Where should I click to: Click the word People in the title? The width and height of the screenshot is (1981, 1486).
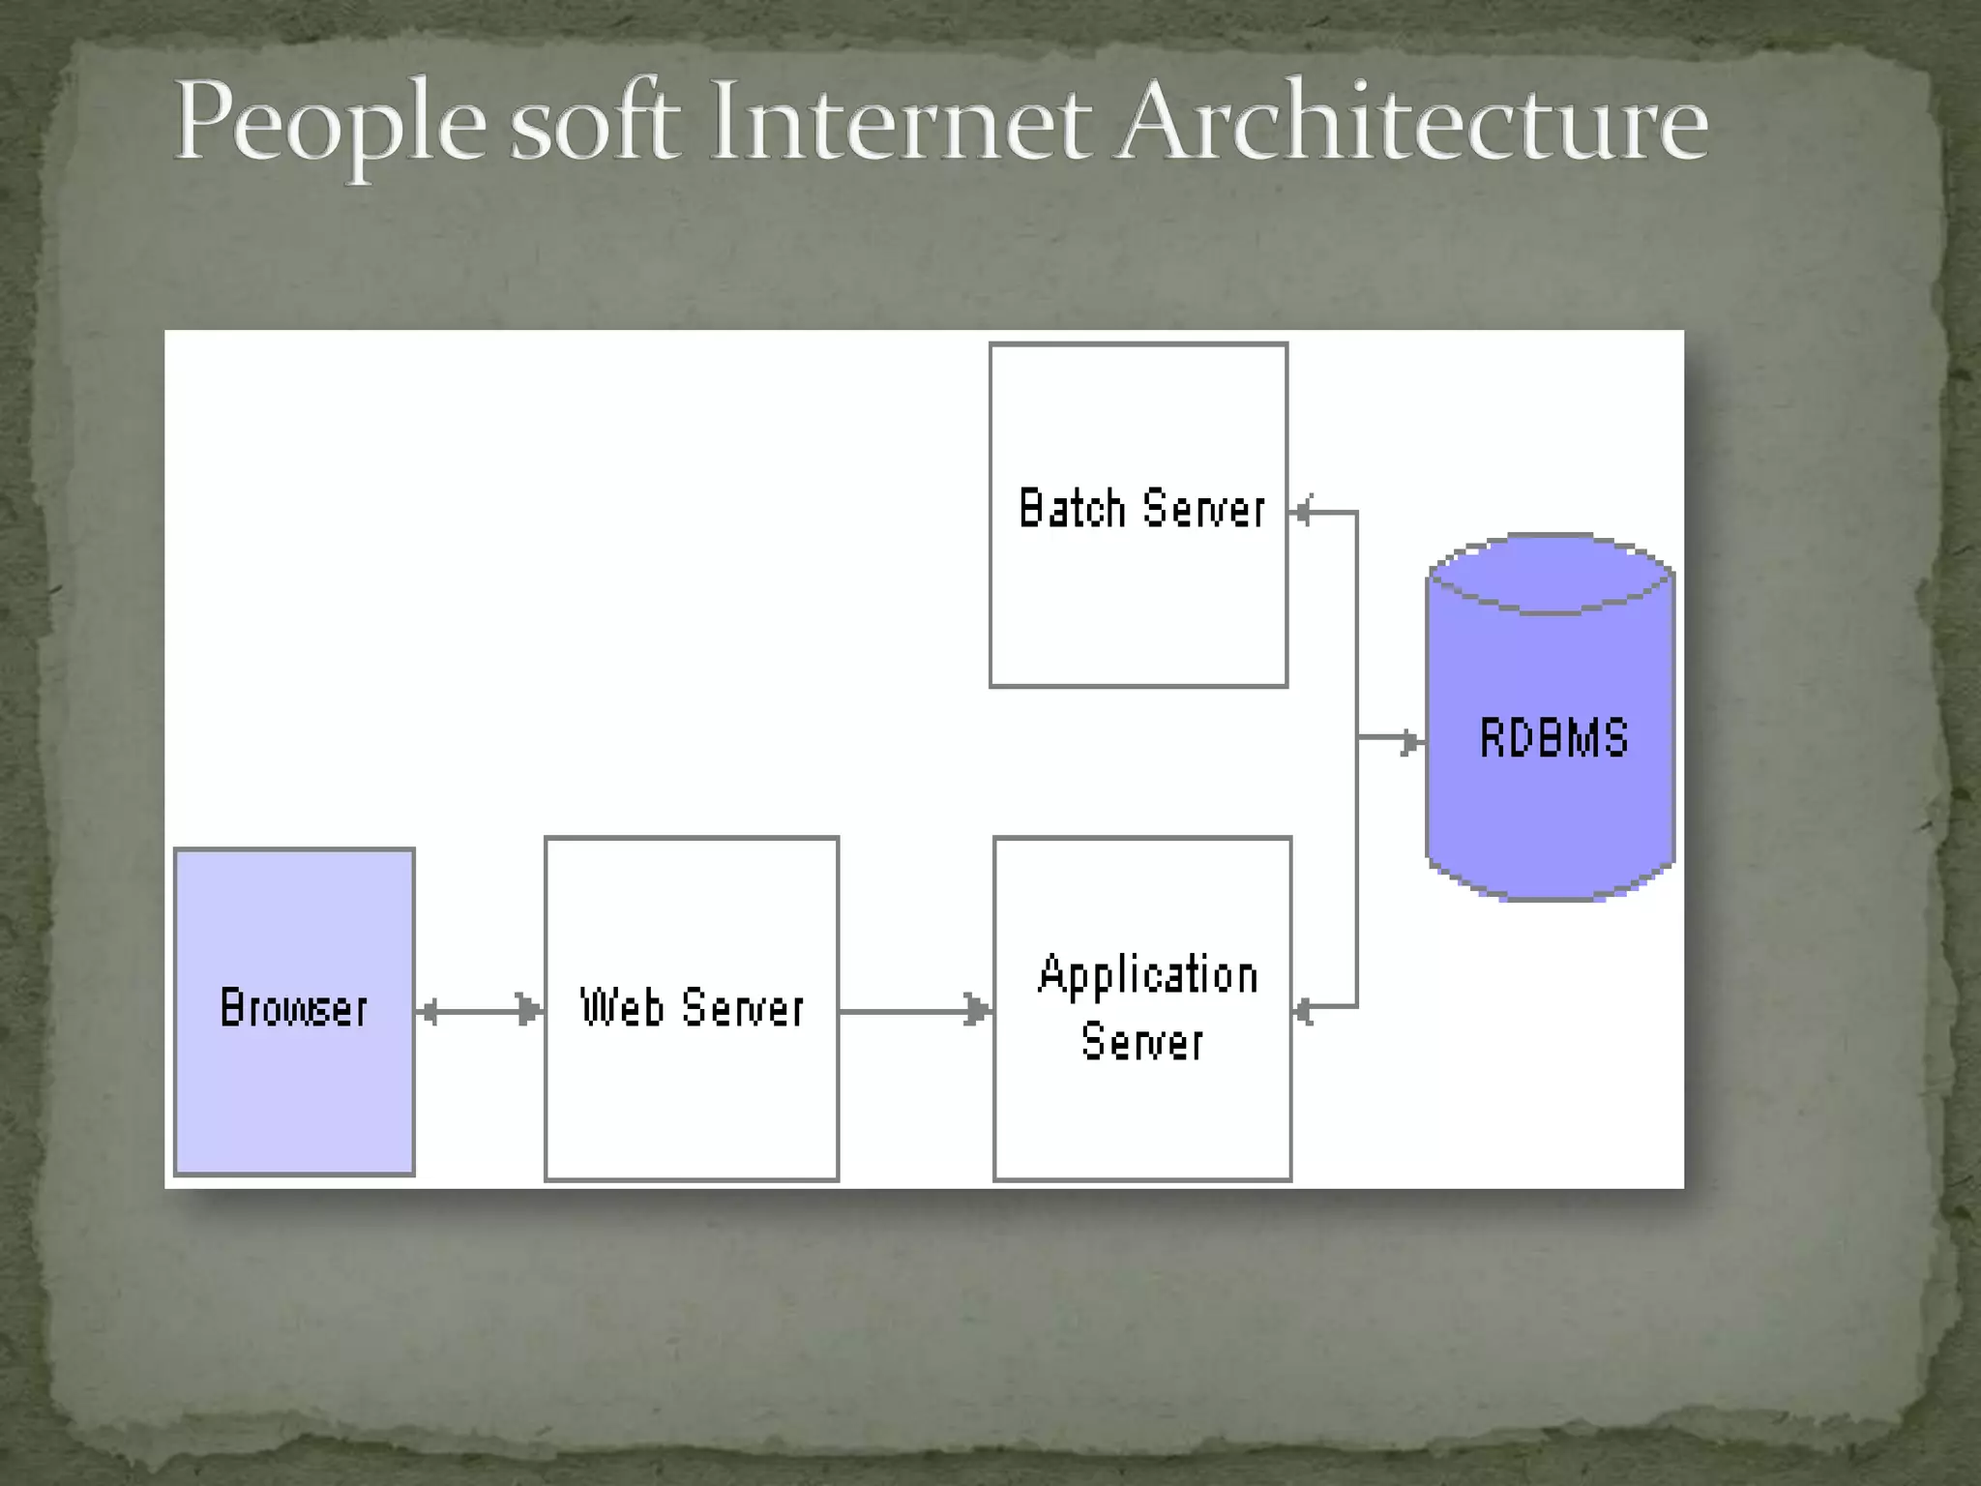tap(329, 124)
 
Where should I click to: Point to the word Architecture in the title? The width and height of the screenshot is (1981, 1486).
tap(1411, 124)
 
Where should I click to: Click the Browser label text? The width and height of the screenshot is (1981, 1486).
tap(294, 1008)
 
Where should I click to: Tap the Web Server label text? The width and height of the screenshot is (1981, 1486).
tap(692, 1008)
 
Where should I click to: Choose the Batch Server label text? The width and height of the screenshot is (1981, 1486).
tap(1141, 509)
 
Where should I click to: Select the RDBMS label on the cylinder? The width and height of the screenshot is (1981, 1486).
tap(1553, 738)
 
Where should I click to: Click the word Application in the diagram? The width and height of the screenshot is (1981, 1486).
tap(1148, 974)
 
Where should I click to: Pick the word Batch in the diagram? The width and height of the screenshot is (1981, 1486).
tap(1072, 509)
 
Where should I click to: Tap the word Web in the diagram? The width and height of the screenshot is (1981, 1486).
tap(622, 1007)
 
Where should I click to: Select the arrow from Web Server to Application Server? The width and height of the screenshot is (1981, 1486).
tap(914, 1012)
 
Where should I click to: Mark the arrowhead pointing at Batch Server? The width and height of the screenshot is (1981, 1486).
tap(1303, 511)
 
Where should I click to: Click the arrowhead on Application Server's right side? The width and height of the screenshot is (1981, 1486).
tap(1304, 1012)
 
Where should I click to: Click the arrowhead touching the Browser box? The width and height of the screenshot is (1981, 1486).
tap(429, 1012)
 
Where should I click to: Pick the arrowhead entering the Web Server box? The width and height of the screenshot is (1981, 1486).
tap(529, 1012)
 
